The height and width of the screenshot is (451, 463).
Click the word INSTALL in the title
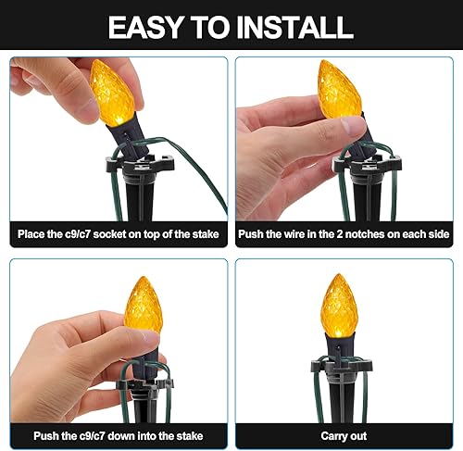click(294, 26)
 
